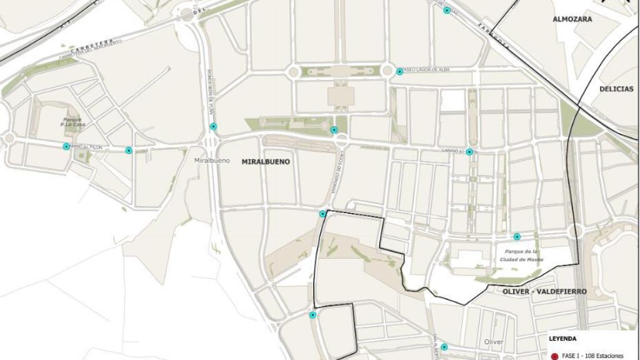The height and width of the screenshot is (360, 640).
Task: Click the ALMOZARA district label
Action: [x=572, y=19]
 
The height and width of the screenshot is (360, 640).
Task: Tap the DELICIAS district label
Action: [x=616, y=89]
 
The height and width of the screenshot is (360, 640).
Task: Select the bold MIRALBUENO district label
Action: [x=266, y=161]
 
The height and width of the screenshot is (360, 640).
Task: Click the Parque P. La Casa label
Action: [x=72, y=121]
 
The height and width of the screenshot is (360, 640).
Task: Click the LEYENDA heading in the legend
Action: [x=563, y=339]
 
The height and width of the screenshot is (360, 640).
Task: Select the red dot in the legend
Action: [x=554, y=356]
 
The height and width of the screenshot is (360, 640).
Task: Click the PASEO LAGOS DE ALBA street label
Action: [x=427, y=70]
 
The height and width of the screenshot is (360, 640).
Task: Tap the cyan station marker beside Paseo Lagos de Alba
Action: [x=399, y=72]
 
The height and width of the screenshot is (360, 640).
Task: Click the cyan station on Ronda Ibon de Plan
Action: [x=213, y=126]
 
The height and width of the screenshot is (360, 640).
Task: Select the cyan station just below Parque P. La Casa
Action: [x=66, y=146]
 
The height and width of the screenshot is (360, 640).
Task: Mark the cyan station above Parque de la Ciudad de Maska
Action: [x=517, y=236]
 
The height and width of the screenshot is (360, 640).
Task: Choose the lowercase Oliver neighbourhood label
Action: [x=494, y=342]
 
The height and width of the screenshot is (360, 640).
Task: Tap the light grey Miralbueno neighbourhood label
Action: [x=212, y=161]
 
